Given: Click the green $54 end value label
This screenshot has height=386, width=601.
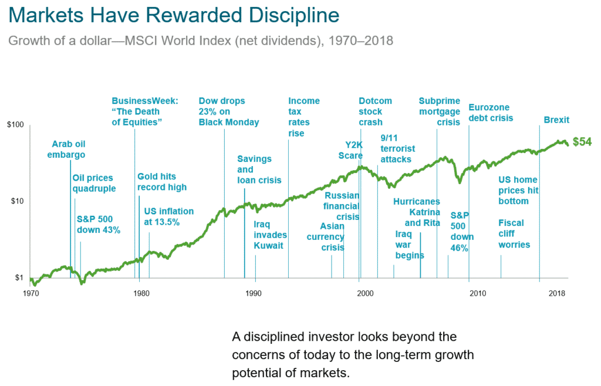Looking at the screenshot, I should (x=583, y=141).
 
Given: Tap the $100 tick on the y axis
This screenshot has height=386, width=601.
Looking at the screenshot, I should (x=15, y=125).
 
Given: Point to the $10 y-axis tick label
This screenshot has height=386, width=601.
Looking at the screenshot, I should (x=16, y=201).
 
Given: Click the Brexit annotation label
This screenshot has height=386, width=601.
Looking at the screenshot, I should (x=556, y=120).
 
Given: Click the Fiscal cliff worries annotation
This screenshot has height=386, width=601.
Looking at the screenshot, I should (x=514, y=233).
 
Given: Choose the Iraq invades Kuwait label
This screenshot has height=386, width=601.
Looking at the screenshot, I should (x=268, y=235).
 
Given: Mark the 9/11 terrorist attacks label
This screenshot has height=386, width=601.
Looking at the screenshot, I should (x=397, y=148).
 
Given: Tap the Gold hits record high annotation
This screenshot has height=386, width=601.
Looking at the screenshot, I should (x=162, y=182).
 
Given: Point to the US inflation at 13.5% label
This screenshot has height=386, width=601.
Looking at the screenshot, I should (x=168, y=216).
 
